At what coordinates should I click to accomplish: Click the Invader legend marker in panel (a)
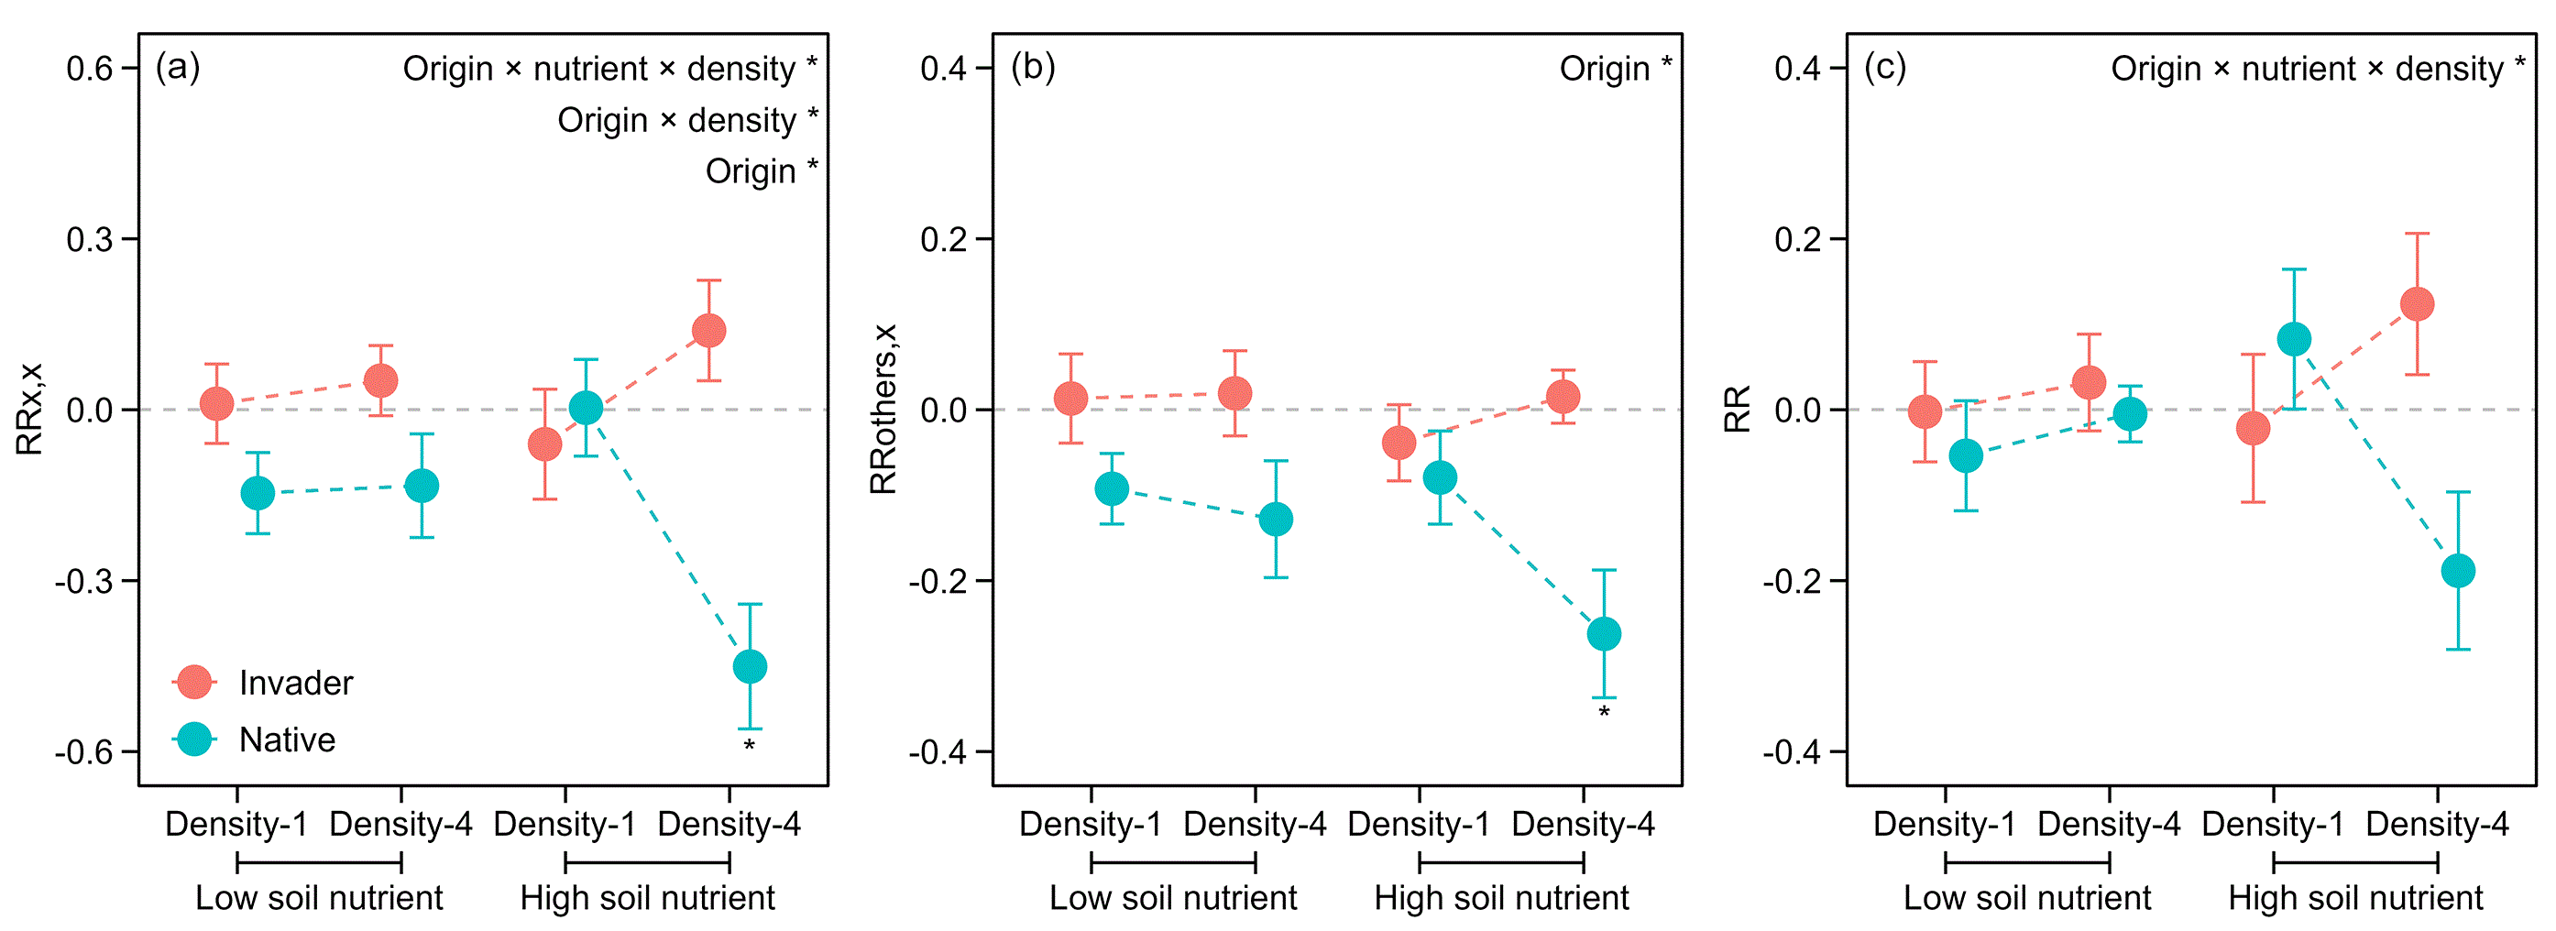(x=193, y=682)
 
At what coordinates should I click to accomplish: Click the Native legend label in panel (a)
(x=287, y=739)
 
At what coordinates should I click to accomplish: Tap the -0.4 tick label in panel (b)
(x=937, y=751)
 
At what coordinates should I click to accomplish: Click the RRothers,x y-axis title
(x=883, y=409)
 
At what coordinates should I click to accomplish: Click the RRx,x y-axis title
(x=29, y=409)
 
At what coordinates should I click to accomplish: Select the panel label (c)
(x=1884, y=67)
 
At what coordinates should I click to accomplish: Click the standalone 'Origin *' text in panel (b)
(x=1615, y=69)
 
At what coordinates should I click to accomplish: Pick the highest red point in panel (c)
(x=2416, y=303)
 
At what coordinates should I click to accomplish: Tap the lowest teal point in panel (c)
(x=2457, y=571)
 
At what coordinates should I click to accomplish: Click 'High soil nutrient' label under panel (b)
(x=1500, y=897)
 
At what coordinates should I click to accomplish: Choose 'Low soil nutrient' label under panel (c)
(x=2026, y=897)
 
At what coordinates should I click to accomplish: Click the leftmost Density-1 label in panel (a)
(x=236, y=824)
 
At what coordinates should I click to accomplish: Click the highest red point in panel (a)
(x=708, y=331)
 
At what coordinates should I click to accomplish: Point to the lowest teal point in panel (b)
(x=1604, y=633)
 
